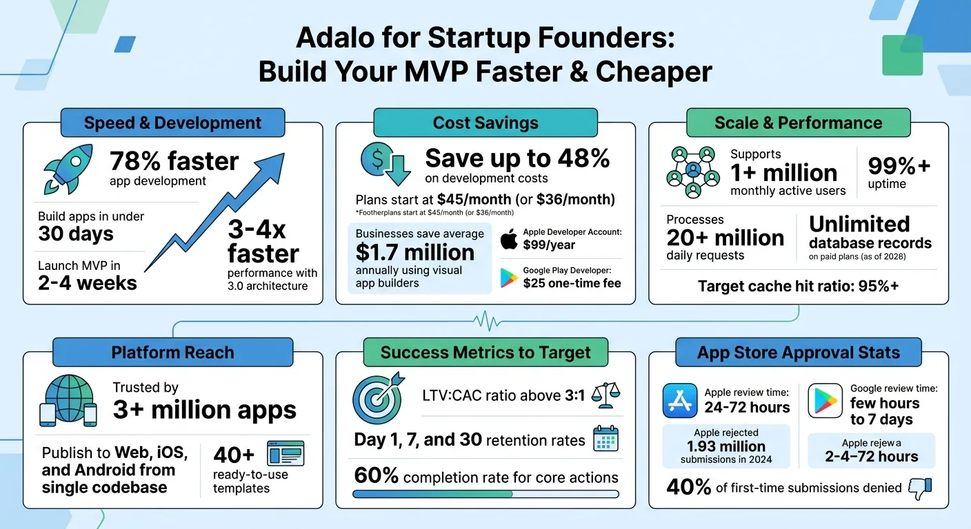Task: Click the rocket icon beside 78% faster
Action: click(68, 168)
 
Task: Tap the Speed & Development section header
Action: click(172, 123)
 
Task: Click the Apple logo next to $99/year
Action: click(508, 240)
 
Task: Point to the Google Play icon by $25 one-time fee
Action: click(509, 278)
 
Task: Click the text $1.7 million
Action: click(414, 252)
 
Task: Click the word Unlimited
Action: click(859, 224)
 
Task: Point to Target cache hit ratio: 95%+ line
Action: click(798, 286)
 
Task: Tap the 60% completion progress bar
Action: click(485, 494)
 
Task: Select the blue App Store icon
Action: click(679, 400)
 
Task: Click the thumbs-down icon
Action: click(920, 488)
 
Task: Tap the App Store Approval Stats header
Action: click(798, 353)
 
